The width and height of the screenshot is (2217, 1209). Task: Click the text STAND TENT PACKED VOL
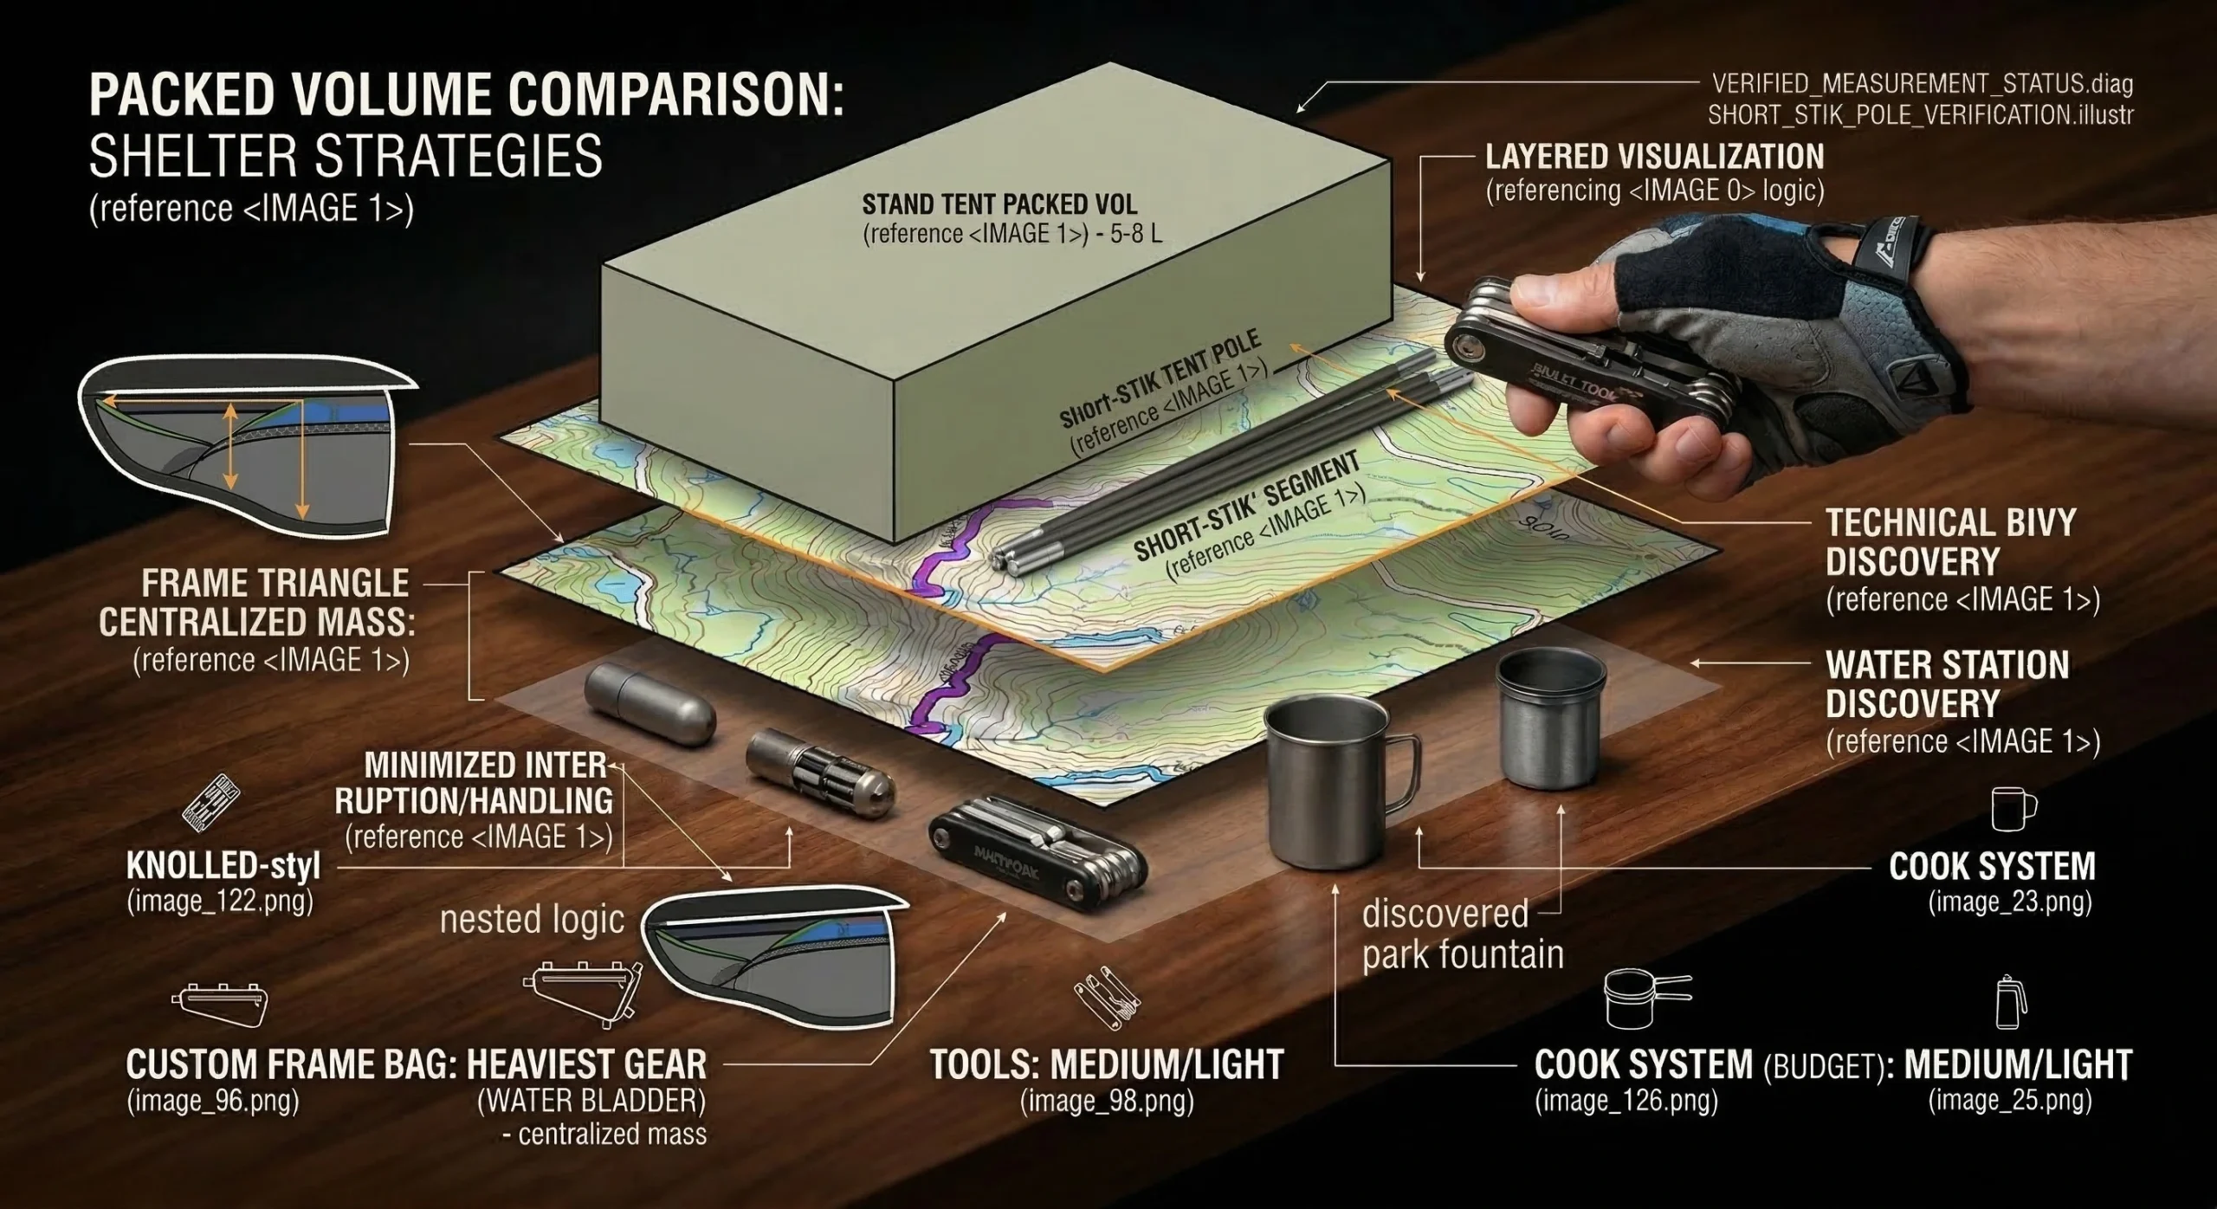999,205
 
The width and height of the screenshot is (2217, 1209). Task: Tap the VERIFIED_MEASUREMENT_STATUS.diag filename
1922,84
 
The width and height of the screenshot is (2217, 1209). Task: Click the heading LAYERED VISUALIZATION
1654,157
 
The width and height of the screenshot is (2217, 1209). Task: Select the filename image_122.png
220,902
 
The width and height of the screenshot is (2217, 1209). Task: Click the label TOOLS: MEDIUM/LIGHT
1106,1065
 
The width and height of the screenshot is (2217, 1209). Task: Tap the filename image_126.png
1626,1101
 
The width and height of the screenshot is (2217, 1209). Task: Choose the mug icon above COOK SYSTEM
2013,809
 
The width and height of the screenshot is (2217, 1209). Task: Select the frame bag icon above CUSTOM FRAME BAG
220,1003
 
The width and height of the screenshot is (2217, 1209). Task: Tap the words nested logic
532,920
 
